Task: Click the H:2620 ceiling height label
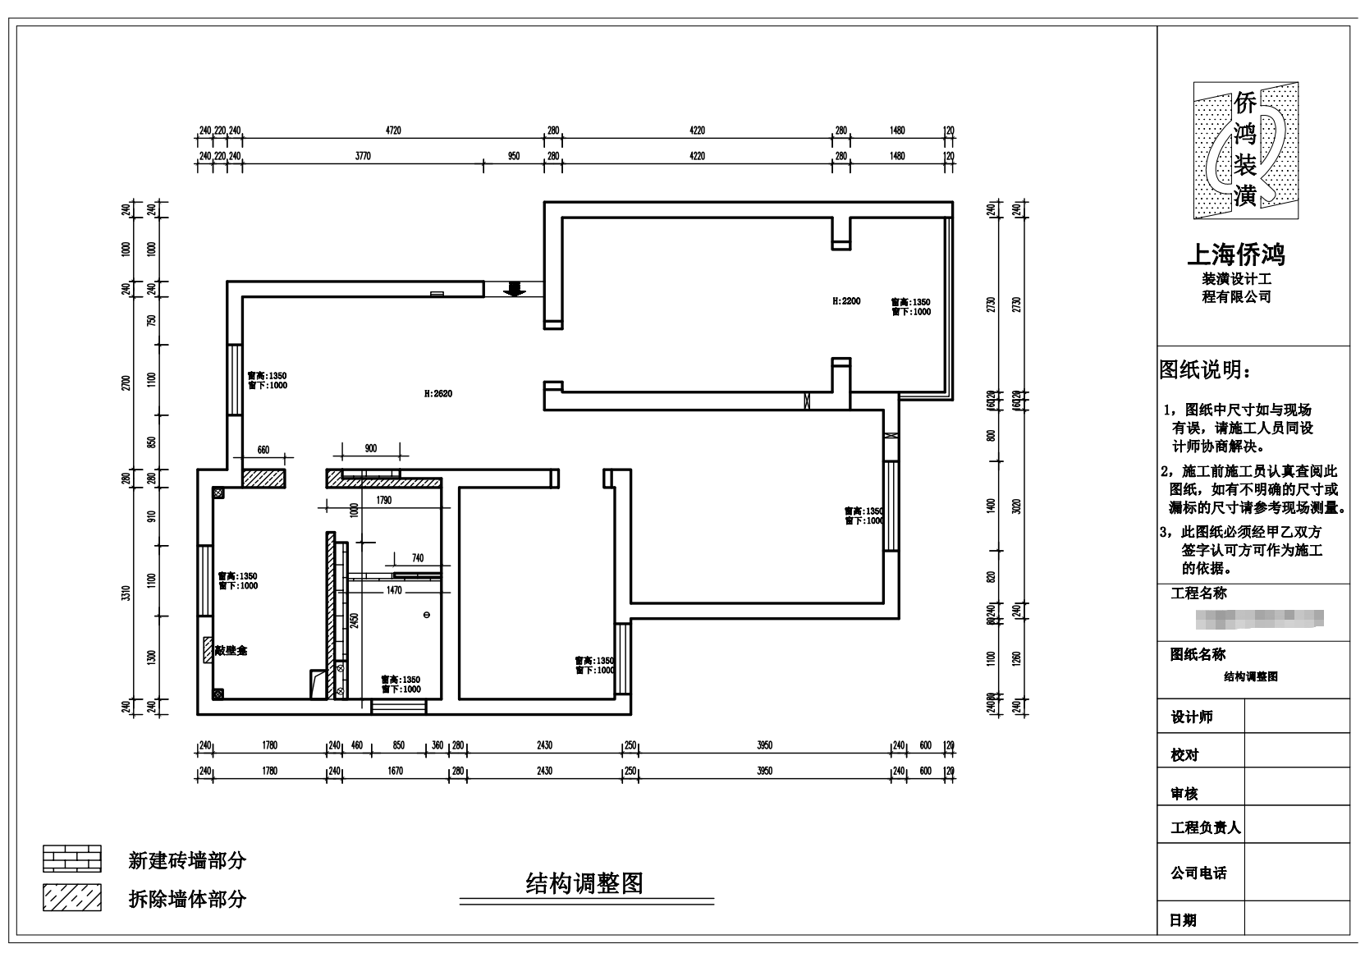tap(437, 394)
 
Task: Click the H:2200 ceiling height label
tap(845, 301)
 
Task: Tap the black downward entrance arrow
tap(515, 288)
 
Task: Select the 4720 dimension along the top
tap(393, 131)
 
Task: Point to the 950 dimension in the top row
tap(514, 156)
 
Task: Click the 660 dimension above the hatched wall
tap(263, 450)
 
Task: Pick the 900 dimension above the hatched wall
tap(370, 448)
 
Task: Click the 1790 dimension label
tap(383, 500)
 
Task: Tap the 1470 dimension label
tap(394, 590)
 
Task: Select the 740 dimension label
tap(418, 558)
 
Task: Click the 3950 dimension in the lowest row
tap(763, 771)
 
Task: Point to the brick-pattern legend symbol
tap(72, 859)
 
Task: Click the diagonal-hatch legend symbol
tap(72, 898)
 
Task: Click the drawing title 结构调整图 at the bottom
tap(584, 883)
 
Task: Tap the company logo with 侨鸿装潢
tap(1245, 150)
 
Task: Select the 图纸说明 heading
tap(1206, 370)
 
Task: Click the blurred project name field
tap(1260, 618)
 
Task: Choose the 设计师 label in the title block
tap(1191, 717)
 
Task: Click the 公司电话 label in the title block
tap(1198, 873)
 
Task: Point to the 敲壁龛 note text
tap(231, 650)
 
